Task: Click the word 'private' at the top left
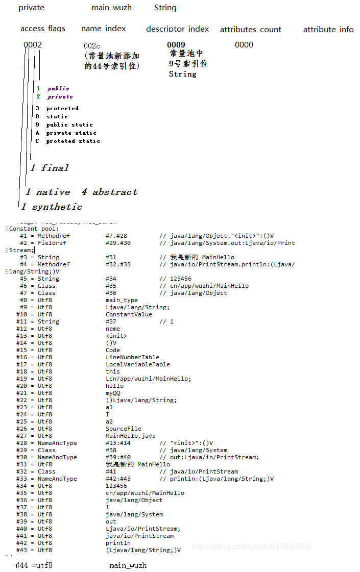tap(31, 8)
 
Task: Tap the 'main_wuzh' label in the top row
tap(111, 8)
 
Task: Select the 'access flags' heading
tap(43, 29)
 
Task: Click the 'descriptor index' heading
tap(177, 29)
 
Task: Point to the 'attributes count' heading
tap(250, 30)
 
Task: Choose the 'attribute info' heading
tap(328, 30)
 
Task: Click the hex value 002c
tap(92, 46)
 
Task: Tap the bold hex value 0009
tap(176, 45)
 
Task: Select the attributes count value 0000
tap(244, 45)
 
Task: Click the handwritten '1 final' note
tap(49, 168)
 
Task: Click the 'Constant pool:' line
tap(34, 229)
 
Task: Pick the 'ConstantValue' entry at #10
tap(129, 314)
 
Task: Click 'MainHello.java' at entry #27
tap(130, 436)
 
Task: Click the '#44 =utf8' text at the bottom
tap(34, 565)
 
